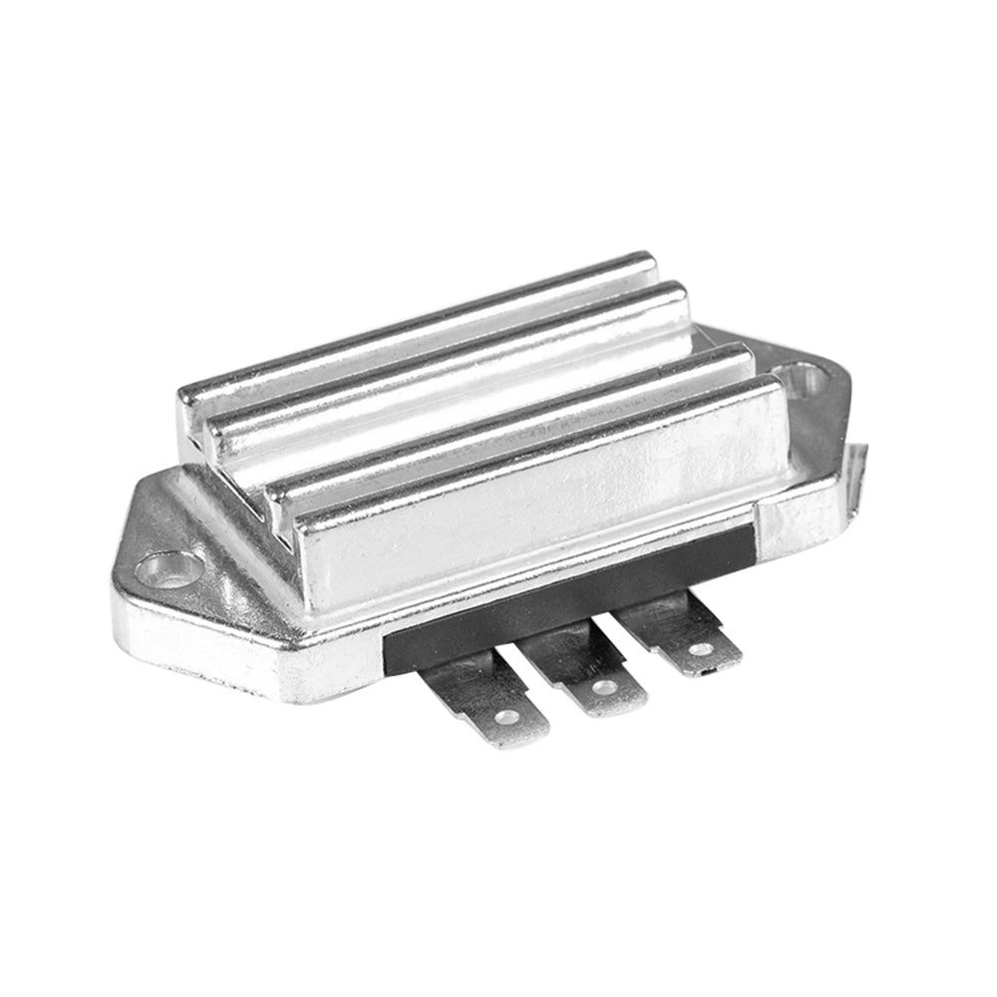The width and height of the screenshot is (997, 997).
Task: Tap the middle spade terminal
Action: click(x=587, y=668)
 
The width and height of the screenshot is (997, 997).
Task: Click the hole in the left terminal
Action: click(x=507, y=716)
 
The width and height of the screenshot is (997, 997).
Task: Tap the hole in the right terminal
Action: click(x=702, y=649)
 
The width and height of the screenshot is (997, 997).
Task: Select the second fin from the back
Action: click(x=449, y=359)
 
